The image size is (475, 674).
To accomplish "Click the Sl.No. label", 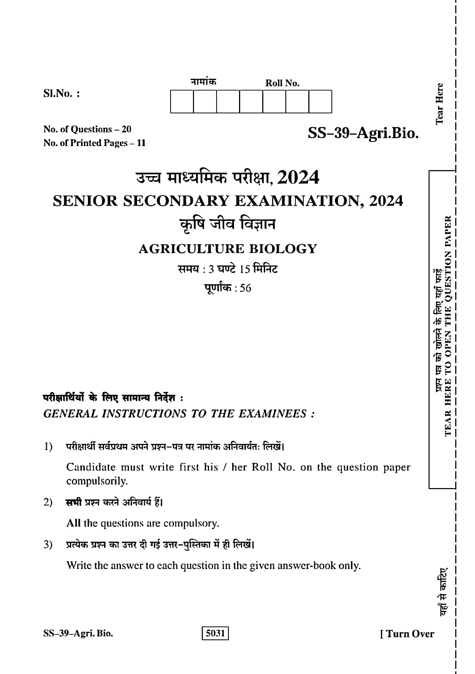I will [61, 94].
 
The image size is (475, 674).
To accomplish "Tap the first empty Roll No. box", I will [182, 102].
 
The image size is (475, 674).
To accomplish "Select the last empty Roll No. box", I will [320, 102].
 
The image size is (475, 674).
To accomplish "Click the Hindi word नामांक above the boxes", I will [203, 82].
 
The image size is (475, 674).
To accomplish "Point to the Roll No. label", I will [282, 83].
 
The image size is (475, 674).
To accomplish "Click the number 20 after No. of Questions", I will [126, 129].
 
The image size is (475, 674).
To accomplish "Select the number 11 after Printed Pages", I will [141, 143].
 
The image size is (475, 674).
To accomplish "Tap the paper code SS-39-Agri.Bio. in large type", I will [363, 133].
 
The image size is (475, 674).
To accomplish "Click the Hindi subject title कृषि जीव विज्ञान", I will [227, 224].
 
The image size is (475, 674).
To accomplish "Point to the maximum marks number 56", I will [245, 288].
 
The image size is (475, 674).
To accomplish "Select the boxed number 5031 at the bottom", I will [215, 633].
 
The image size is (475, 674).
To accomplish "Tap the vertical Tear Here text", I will [439, 103].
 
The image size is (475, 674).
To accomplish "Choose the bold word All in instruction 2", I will [73, 523].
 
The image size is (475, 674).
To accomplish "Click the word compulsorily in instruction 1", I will [97, 481].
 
